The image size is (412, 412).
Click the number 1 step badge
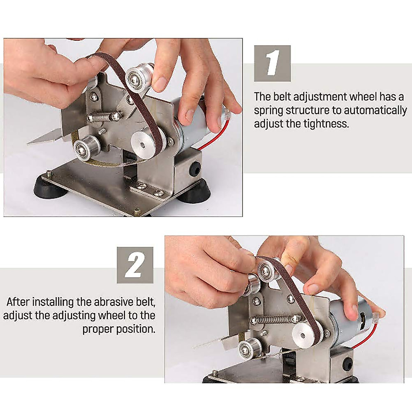272,64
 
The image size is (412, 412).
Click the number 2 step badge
135,265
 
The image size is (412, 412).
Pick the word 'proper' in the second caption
98,329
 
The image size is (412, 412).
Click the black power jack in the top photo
195,168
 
